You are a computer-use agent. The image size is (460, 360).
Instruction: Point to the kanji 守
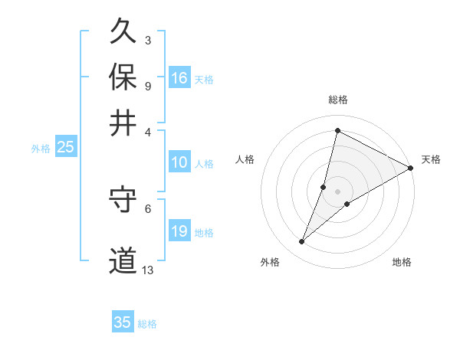click(123, 200)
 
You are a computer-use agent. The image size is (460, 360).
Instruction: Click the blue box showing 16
click(179, 77)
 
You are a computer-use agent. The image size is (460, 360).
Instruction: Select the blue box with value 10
click(179, 162)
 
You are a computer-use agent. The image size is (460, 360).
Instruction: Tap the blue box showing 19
click(179, 231)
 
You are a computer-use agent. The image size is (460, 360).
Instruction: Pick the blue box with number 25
click(65, 148)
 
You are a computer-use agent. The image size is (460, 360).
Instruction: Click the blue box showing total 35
click(123, 322)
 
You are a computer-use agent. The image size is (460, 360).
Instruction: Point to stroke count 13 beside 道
click(148, 270)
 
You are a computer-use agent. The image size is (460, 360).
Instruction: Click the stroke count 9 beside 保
click(147, 86)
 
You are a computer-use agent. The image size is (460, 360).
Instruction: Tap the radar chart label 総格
click(337, 100)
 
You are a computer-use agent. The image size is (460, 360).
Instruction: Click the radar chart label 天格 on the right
click(431, 159)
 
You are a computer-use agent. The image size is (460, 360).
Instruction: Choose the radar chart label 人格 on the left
click(245, 159)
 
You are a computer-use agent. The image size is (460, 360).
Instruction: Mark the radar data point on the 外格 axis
click(302, 242)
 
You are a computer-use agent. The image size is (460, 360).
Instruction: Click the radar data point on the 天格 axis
click(411, 168)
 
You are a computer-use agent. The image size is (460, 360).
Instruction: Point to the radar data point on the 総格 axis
click(337, 131)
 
